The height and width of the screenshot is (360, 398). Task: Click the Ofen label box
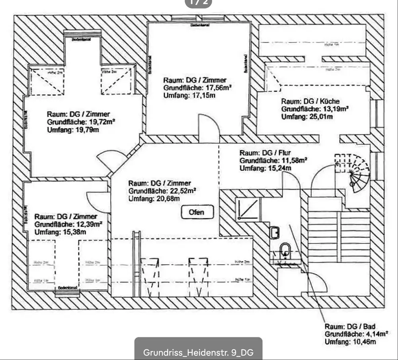coord(197,212)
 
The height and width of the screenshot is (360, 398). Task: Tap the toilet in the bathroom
coord(285,251)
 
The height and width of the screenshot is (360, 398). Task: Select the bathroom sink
coord(274,232)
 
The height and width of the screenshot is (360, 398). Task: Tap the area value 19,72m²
coord(100,122)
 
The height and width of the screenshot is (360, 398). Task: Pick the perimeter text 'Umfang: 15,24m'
coord(265,168)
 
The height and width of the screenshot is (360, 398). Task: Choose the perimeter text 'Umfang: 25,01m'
coord(307,117)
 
